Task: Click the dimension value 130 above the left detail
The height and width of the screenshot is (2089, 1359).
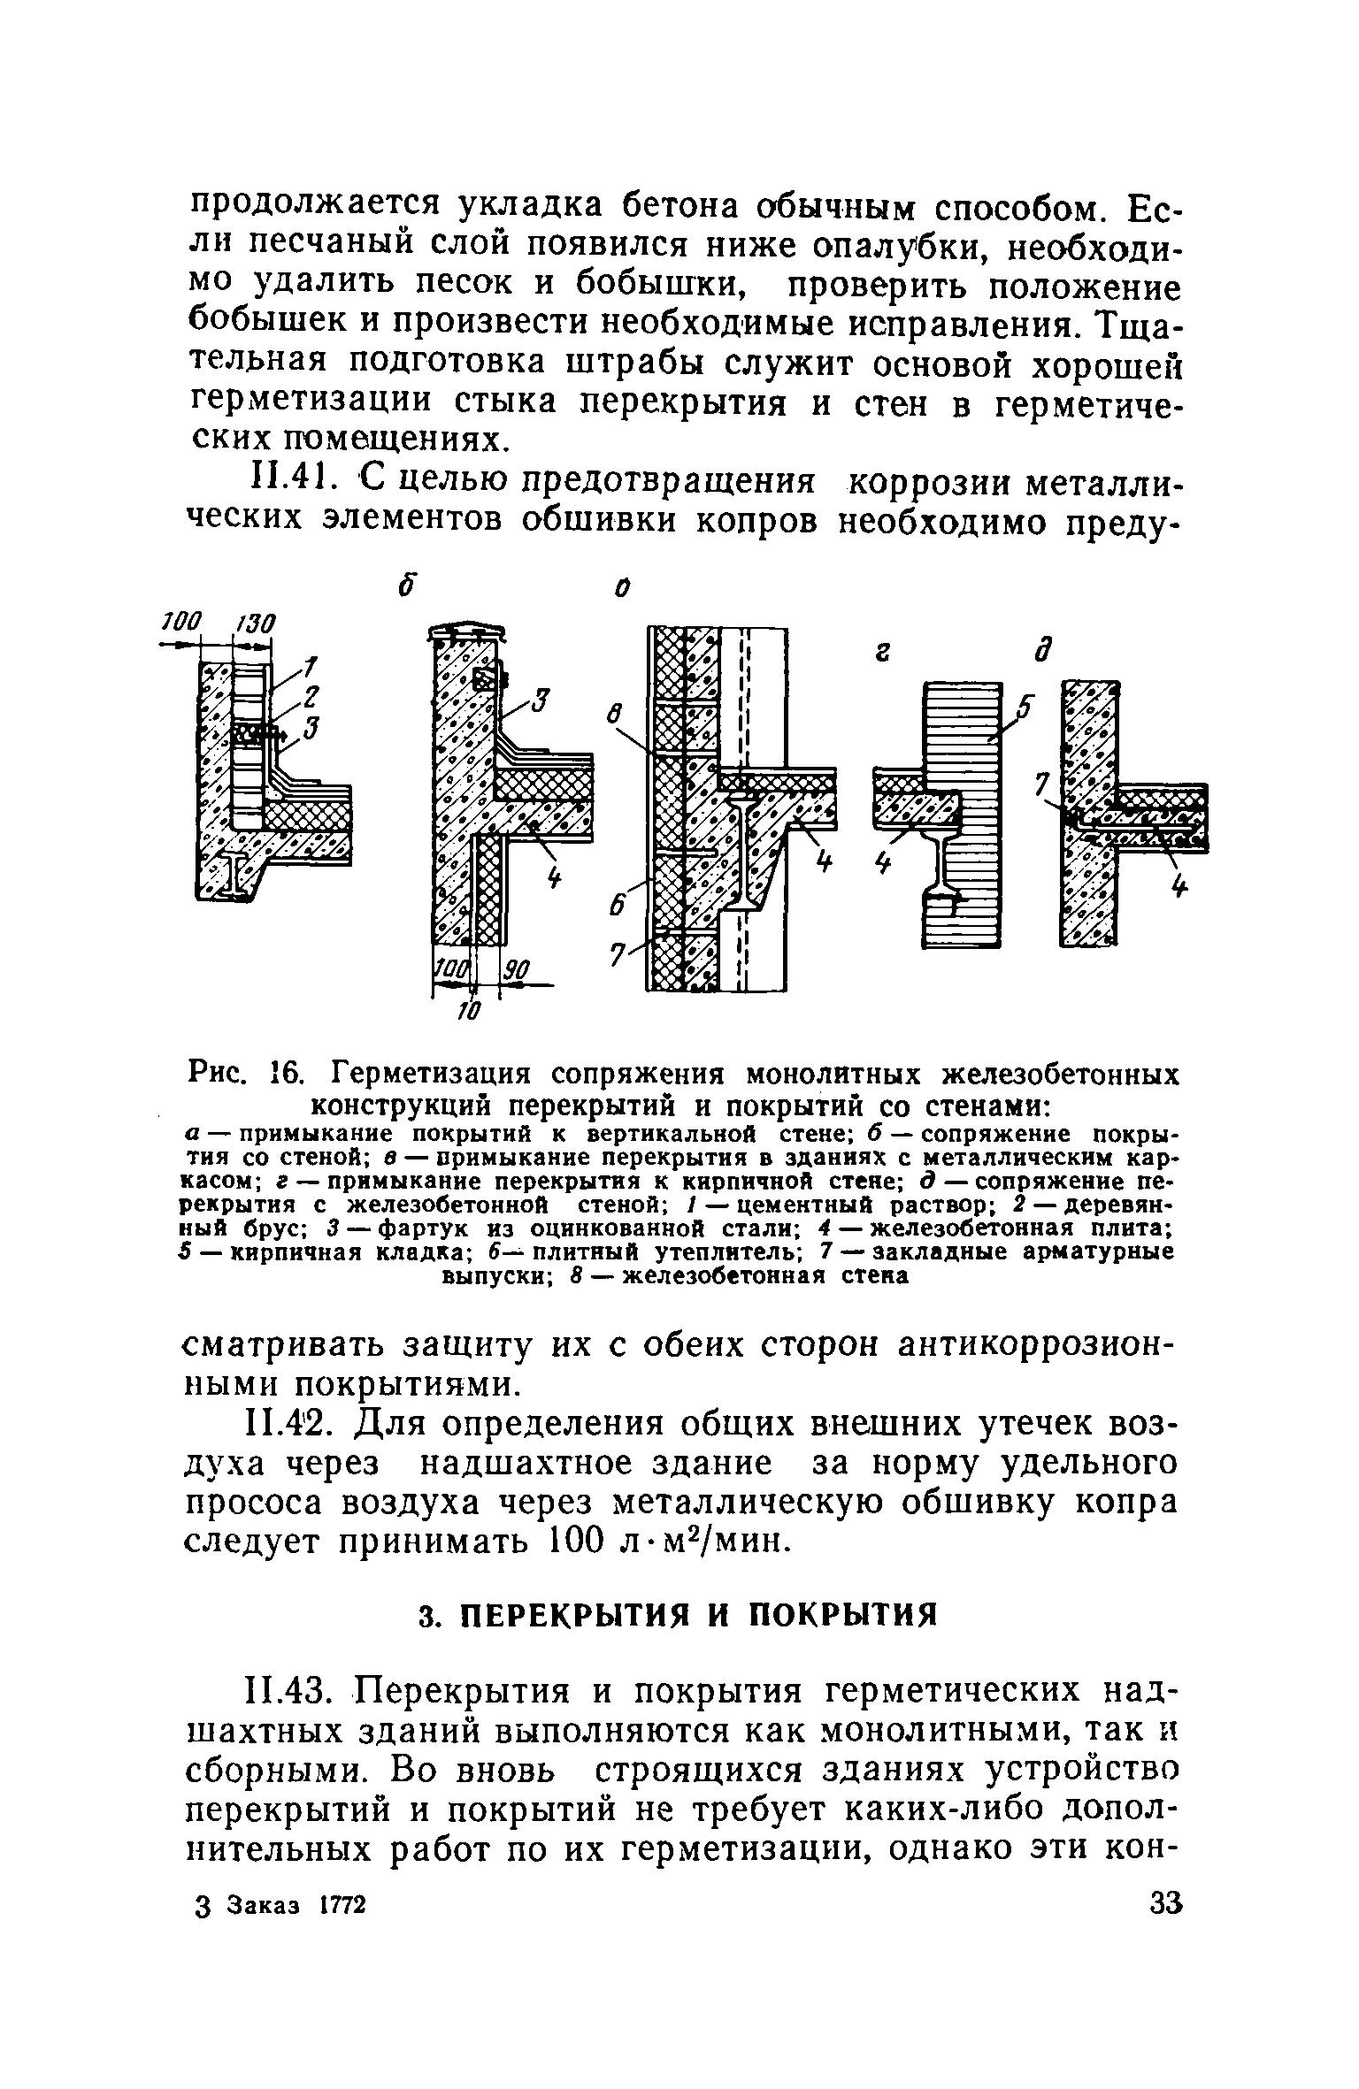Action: [x=257, y=624]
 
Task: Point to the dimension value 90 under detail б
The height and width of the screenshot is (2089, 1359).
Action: [x=514, y=973]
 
